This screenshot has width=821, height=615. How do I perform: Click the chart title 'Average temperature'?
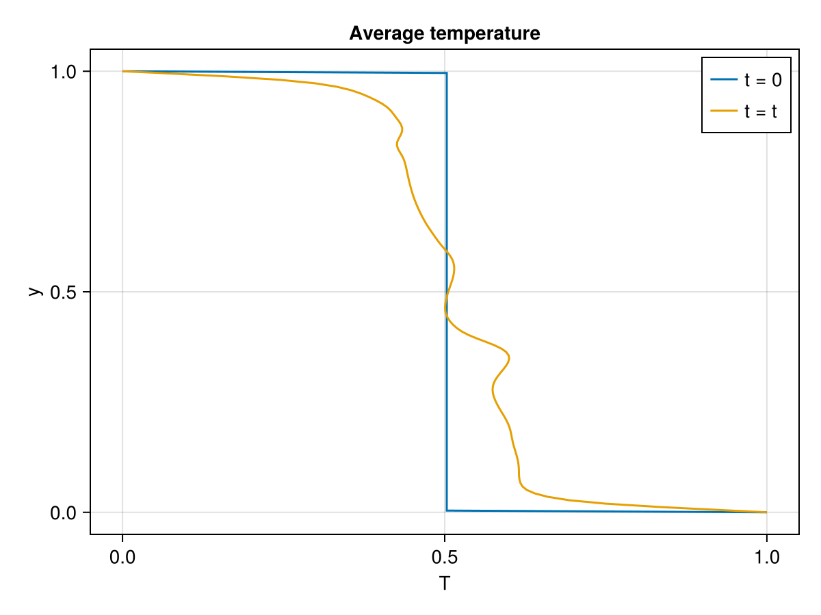[444, 33]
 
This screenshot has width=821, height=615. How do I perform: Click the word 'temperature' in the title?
[486, 33]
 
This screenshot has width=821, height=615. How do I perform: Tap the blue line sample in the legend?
[724, 80]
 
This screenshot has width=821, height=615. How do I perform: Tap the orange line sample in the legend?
[724, 111]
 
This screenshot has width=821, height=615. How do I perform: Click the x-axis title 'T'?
[445, 584]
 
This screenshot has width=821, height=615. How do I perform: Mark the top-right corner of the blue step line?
[446, 73]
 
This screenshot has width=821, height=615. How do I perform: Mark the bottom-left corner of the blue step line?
[447, 510]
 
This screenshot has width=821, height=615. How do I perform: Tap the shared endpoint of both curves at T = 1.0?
[766, 512]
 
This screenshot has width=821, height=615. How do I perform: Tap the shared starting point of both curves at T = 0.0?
[123, 71]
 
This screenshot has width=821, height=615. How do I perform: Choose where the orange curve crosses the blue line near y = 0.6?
[447, 251]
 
